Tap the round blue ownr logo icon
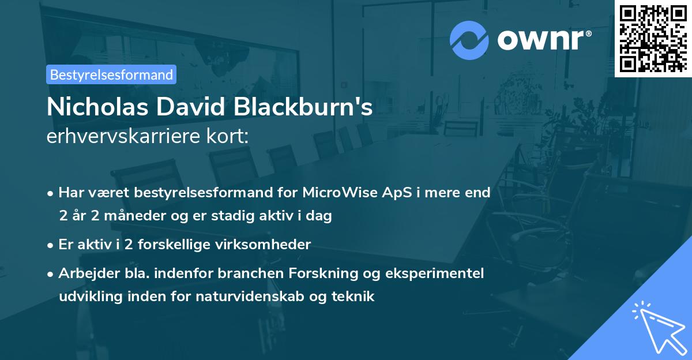469,40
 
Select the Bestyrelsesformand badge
111,74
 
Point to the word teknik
354,297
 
